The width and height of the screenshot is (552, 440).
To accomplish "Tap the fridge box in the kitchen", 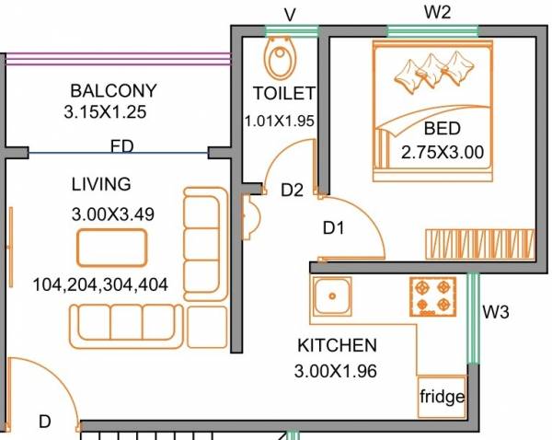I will click(443, 398).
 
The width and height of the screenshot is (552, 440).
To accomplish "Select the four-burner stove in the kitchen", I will click(433, 295).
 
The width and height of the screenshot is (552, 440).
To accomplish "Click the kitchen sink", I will click(328, 296).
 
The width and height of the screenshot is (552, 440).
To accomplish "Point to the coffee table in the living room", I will click(111, 248).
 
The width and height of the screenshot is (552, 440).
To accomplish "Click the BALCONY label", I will click(113, 91).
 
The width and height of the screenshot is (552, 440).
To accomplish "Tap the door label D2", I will click(293, 191).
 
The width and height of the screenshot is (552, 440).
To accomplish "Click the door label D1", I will click(332, 227).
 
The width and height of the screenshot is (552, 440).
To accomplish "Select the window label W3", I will click(496, 311).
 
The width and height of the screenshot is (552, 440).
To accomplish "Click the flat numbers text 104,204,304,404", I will click(99, 284).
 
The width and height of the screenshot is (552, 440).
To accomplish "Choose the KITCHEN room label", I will click(337, 346).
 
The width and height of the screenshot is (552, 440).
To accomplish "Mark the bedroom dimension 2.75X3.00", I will click(442, 153).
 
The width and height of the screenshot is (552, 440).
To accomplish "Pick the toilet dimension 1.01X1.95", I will click(280, 121).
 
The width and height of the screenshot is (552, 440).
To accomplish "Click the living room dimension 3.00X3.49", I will click(112, 214).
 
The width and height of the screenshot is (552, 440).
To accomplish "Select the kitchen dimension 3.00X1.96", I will click(338, 372).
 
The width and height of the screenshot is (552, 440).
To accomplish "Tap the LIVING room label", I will click(101, 184).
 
